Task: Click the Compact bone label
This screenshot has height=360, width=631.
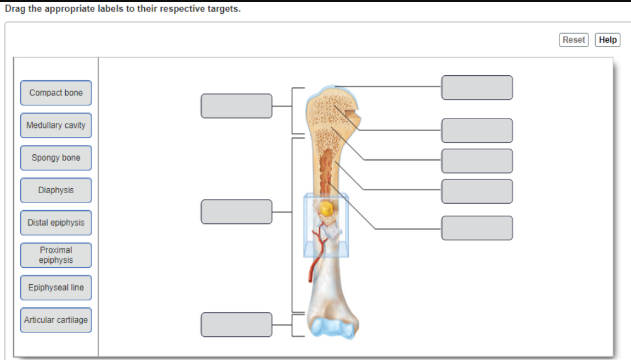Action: tap(56, 93)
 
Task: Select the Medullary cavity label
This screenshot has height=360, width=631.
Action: tap(56, 125)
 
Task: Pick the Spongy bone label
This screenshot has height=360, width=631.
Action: tap(56, 158)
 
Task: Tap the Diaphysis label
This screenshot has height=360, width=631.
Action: tap(56, 190)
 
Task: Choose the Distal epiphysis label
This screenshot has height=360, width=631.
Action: tap(56, 223)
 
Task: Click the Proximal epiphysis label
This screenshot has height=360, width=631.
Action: tap(56, 255)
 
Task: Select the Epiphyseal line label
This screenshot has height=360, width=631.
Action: tap(56, 288)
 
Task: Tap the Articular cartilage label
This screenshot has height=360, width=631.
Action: tap(56, 320)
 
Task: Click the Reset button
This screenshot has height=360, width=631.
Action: tap(573, 40)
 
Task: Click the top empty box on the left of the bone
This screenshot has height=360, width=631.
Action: tap(236, 106)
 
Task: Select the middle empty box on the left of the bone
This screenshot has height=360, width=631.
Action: tap(236, 211)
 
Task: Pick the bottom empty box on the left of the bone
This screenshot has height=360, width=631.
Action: tap(236, 324)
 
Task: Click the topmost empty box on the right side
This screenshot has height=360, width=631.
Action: tap(477, 88)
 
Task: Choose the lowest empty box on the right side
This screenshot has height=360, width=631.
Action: tap(477, 228)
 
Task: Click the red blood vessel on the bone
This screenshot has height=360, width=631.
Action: tap(313, 263)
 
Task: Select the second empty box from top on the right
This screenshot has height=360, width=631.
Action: tap(477, 130)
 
